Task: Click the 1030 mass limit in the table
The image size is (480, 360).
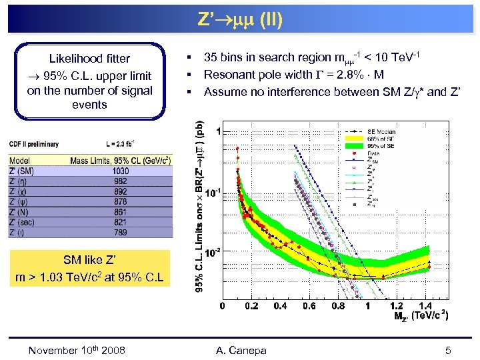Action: coord(121,170)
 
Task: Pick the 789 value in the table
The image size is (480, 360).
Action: coord(121,232)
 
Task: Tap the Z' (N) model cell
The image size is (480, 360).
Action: coord(23,211)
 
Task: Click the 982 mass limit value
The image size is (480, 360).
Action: coord(121,181)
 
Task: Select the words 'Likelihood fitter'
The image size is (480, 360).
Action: coord(90,59)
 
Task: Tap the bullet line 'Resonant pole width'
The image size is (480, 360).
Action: coord(293,73)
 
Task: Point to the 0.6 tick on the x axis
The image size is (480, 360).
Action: coord(309,307)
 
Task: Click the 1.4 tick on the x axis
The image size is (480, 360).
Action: coord(425,307)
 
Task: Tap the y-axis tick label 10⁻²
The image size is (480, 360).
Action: coord(213,253)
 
